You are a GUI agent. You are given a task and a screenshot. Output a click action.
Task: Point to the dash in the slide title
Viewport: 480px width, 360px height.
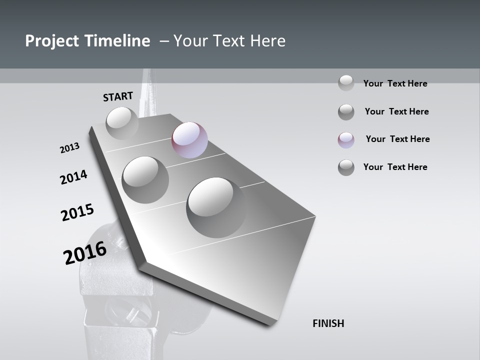pos(164,41)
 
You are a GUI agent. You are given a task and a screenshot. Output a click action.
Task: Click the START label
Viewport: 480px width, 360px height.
pos(118,96)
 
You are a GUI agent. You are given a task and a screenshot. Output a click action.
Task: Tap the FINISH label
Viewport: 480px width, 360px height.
pos(328,323)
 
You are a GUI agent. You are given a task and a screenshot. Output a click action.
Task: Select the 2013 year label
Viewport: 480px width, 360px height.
pos(69,148)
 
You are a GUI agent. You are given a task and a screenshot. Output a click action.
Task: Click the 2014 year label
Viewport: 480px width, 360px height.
pos(73,177)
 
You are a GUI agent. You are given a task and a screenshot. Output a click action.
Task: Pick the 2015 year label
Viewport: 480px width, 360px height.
pos(77,212)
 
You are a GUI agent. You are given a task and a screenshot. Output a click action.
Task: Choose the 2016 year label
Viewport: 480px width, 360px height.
pos(85,253)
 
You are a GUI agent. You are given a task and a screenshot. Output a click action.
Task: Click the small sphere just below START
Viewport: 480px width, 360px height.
pos(122,123)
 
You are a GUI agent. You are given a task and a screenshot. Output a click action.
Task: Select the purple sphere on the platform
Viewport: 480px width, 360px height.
pos(189,140)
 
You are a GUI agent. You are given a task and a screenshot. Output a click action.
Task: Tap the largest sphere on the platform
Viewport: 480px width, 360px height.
pos(216,207)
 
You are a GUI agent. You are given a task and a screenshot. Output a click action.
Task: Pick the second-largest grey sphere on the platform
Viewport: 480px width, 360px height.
pos(145,179)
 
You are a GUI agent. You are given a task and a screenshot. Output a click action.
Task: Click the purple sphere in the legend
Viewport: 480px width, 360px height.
pos(346,140)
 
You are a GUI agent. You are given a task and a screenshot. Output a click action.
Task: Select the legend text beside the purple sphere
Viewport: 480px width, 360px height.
pos(397,139)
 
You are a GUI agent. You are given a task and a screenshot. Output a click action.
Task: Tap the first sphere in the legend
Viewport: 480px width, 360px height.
pos(346,83)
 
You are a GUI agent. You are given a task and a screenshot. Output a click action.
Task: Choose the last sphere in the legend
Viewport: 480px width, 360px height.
pos(346,167)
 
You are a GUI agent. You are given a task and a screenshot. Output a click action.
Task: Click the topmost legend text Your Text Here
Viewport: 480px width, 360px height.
pos(395,83)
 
